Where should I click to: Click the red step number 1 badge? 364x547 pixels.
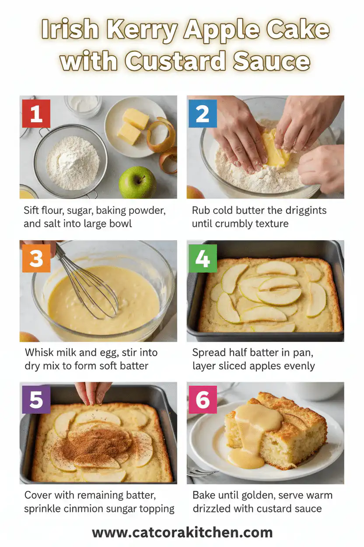pos(36,114)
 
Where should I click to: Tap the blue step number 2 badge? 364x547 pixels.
pos(203,114)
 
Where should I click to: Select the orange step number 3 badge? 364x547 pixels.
pos(36,258)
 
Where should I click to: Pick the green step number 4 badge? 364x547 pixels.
pos(203,258)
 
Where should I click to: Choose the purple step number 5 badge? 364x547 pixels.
pos(36,400)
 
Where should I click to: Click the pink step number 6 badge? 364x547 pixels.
pos(203,400)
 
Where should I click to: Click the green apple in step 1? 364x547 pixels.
pos(137,182)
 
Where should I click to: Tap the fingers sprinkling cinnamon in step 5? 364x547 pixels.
pos(93,391)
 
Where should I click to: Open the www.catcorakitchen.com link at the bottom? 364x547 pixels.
pos(182,533)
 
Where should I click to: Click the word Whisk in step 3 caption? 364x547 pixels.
pos(39,352)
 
